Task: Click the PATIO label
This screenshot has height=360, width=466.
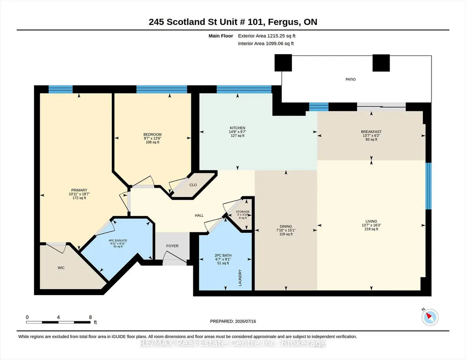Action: click(351, 79)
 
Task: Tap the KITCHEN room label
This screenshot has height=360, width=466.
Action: click(237, 128)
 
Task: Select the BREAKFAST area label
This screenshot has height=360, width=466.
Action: click(371, 131)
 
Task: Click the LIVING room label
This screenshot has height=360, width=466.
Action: click(371, 221)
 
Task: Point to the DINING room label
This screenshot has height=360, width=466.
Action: click(286, 226)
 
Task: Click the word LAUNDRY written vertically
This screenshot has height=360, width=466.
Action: click(240, 278)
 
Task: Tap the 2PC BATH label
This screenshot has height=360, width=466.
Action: click(223, 255)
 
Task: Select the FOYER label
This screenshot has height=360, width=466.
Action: click(172, 246)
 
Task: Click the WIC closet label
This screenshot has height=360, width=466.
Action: click(61, 268)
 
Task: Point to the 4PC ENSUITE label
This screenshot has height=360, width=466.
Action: click(118, 240)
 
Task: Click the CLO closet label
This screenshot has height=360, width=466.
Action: click(193, 185)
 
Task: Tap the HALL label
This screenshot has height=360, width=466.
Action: click(199, 215)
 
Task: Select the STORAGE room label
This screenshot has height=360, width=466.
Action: click(243, 211)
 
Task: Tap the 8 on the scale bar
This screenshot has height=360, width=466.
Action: click(90, 317)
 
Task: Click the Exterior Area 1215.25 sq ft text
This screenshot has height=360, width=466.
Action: click(266, 36)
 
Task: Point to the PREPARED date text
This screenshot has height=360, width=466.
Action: click(233, 321)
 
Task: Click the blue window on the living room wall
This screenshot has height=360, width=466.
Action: click(428, 186)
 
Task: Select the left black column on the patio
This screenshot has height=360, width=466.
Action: click(283, 63)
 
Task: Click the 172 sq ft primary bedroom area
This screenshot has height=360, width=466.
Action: click(79, 198)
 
